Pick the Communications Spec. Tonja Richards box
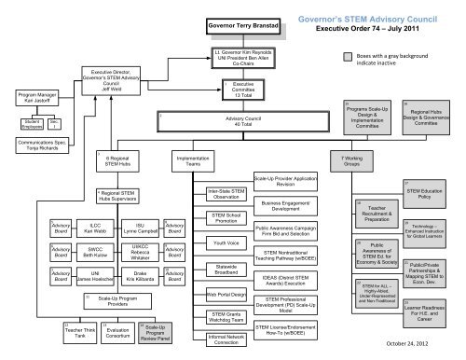(31, 148)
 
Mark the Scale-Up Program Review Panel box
(155, 334)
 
